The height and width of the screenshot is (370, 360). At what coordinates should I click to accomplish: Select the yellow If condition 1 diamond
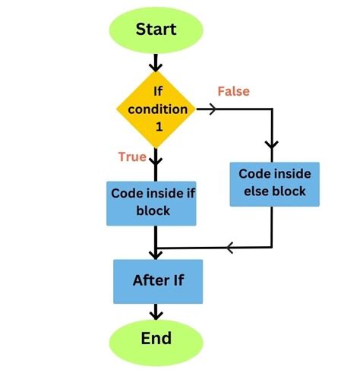click(x=156, y=109)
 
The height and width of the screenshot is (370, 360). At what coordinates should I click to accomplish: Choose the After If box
click(x=157, y=281)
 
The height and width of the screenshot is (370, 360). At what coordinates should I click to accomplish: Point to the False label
click(x=233, y=91)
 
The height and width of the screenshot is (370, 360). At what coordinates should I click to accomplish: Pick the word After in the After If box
click(x=149, y=280)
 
